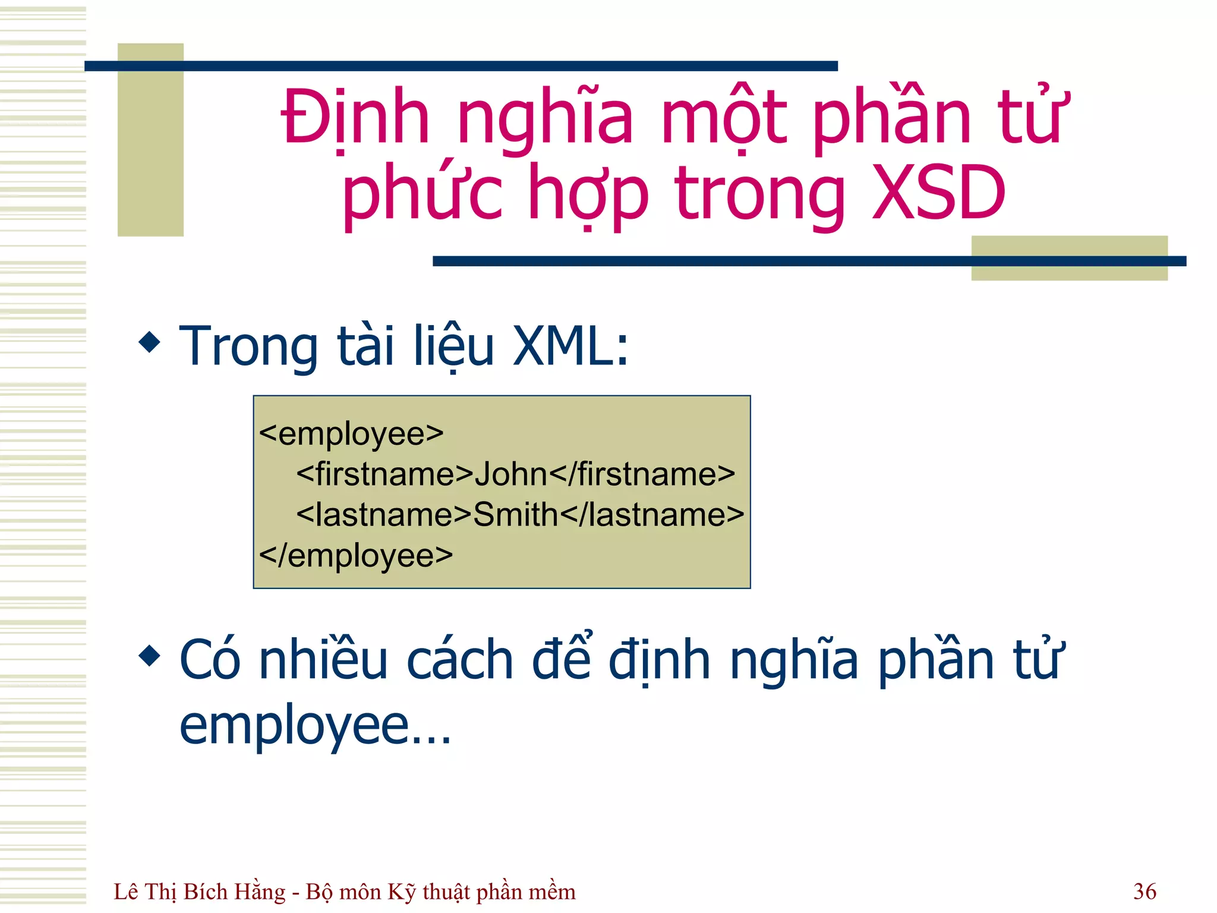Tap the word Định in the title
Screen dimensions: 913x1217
[355, 117]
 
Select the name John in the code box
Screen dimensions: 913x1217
[510, 474]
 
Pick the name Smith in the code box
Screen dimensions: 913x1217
[515, 514]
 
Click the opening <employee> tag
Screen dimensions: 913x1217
[351, 433]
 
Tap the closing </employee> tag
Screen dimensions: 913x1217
[356, 555]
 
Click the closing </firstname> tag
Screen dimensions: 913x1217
[642, 474]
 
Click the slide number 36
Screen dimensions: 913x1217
[1145, 891]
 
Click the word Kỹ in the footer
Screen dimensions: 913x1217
[402, 892]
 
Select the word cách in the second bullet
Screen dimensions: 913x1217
[460, 660]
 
